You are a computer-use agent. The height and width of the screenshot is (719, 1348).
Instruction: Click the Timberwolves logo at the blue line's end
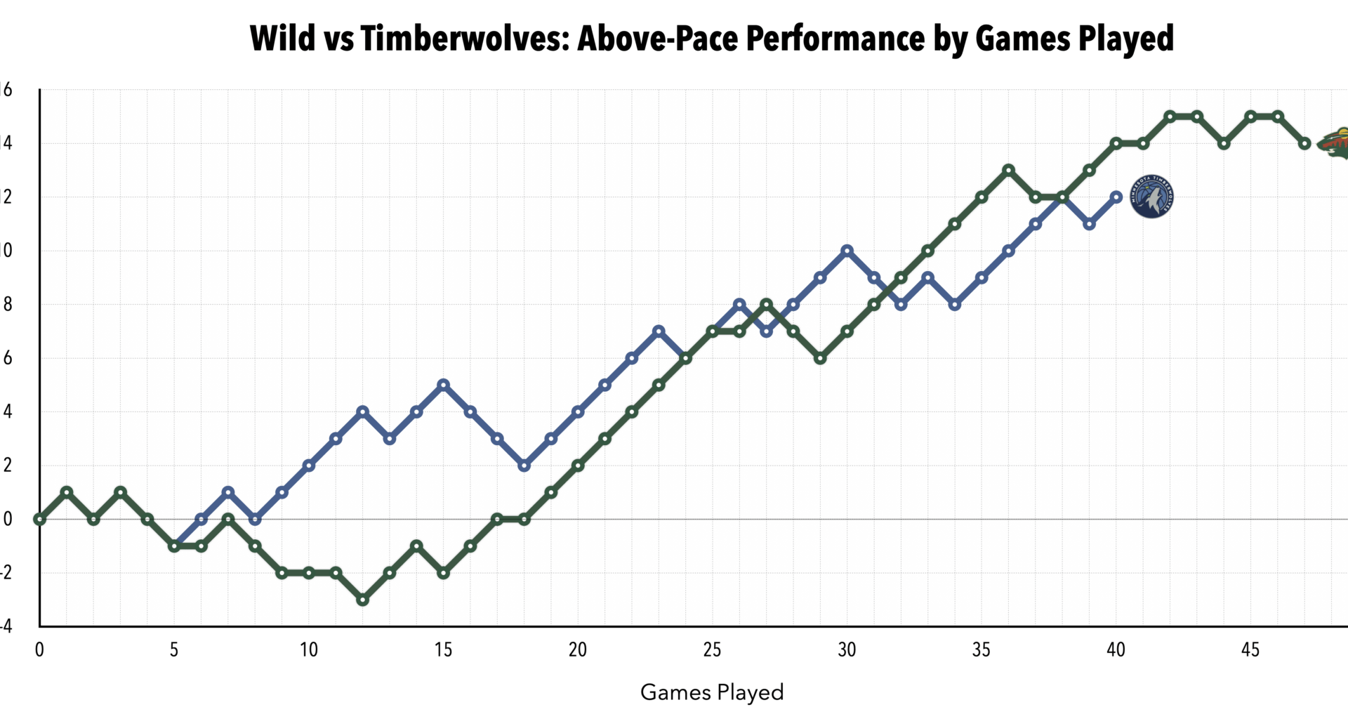point(1151,197)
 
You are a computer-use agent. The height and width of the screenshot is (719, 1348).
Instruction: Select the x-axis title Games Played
point(711,692)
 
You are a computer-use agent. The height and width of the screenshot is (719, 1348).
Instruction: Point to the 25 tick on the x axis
point(712,649)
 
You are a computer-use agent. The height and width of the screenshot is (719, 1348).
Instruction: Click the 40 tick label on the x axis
point(1116,649)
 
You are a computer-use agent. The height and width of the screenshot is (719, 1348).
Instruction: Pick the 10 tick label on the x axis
point(309,649)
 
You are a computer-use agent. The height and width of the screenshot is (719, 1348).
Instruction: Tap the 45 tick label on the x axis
point(1250,649)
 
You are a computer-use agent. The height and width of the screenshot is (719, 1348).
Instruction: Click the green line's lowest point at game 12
point(362,600)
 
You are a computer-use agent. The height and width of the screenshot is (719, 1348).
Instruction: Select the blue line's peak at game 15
point(443,385)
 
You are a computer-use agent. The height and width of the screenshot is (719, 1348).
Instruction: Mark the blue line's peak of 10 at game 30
point(847,251)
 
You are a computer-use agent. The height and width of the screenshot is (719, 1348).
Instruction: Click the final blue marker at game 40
point(1116,197)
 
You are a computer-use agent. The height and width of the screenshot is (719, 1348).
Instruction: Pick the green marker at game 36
point(1008,170)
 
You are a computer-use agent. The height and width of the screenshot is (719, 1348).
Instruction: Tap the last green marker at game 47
point(1304,143)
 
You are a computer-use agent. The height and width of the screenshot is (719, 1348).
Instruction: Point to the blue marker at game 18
point(524,466)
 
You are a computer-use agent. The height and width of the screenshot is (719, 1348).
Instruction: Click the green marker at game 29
point(820,358)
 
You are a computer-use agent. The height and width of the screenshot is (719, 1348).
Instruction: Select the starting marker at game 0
point(39,519)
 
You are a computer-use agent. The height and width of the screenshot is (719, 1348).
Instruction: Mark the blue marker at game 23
point(659,331)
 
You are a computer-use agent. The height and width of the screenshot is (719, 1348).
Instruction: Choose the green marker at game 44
point(1224,143)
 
